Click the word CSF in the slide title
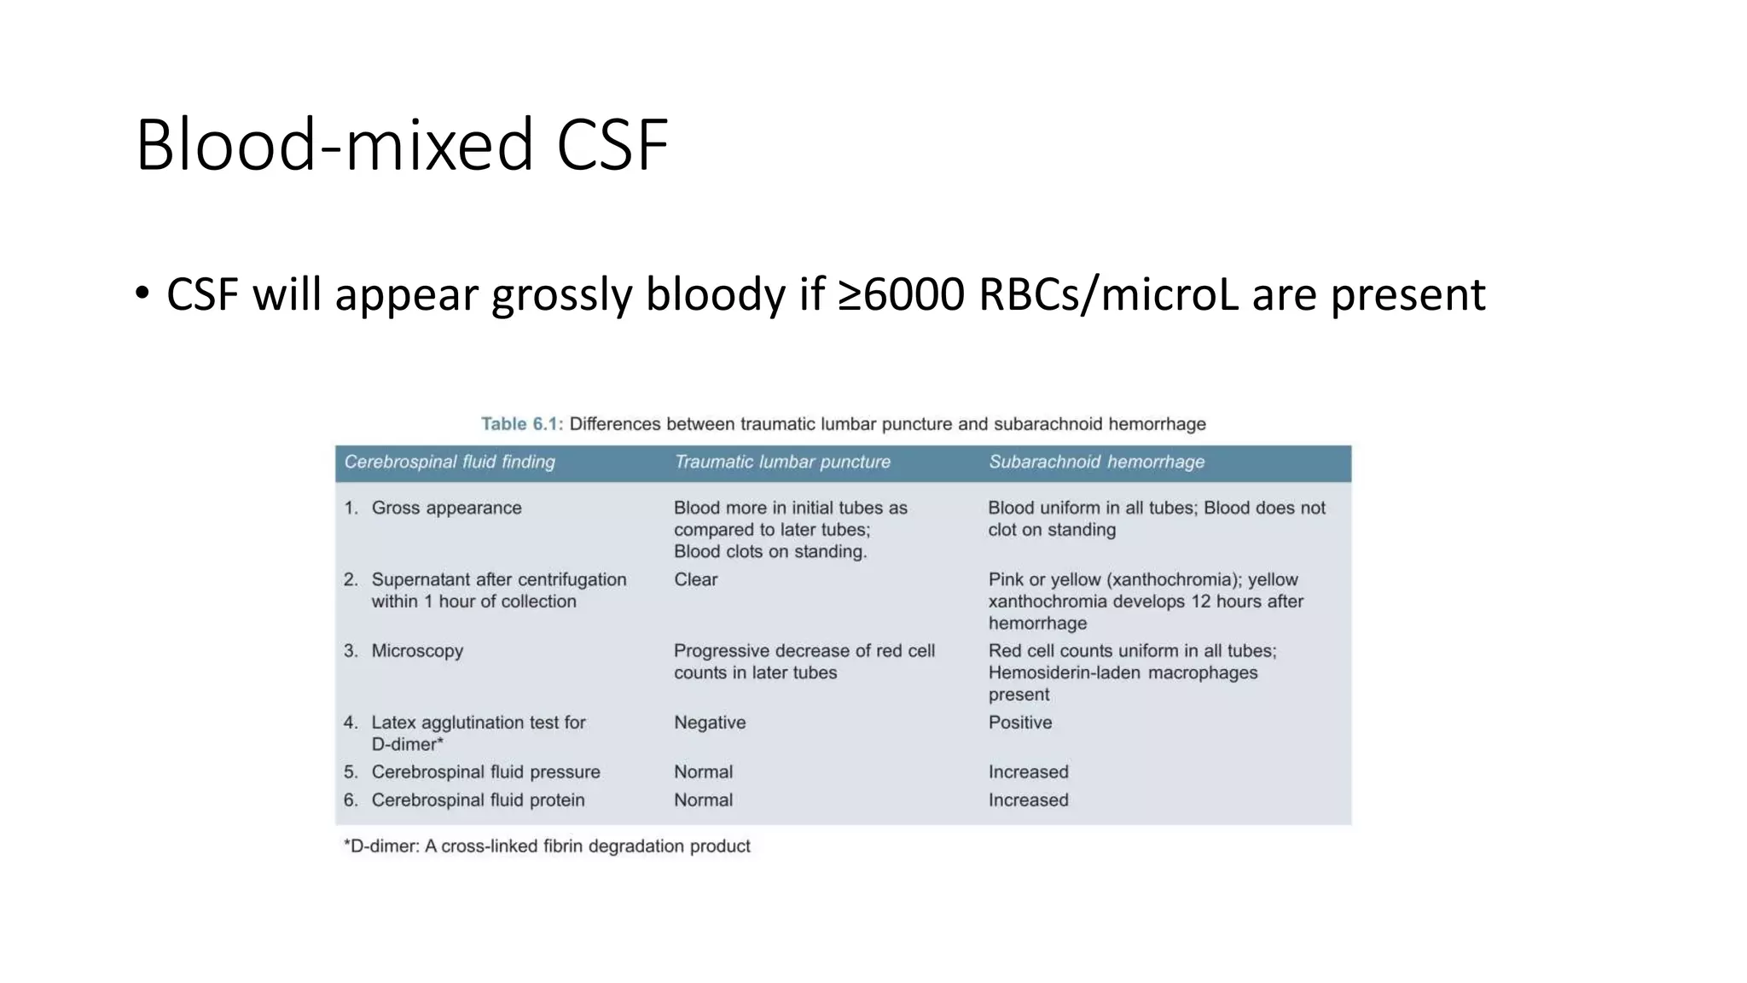coord(612,145)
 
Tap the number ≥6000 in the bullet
coord(902,294)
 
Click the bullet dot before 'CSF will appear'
coord(142,294)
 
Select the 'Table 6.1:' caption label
coord(521,424)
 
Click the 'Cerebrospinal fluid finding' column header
coord(450,462)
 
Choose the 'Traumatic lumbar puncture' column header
coord(782,462)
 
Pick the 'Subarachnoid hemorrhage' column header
coord(1096,462)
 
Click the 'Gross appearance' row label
coord(446,508)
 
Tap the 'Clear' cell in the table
coord(695,579)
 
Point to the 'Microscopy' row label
coord(417,651)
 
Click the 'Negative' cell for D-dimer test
coord(710,723)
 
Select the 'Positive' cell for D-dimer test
coord(1020,723)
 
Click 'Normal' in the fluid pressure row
coord(703,772)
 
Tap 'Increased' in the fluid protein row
coord(1028,800)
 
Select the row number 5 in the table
coord(351,772)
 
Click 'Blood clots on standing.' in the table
coord(770,552)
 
